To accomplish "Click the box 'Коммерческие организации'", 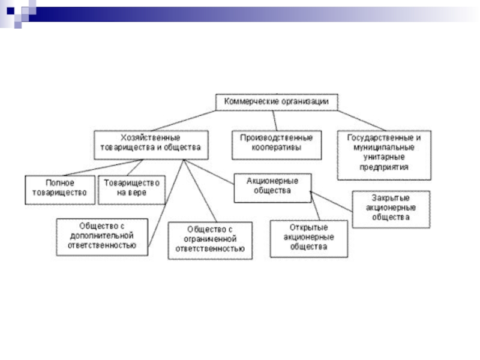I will click(277, 102).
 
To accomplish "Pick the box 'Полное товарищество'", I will click(59, 188).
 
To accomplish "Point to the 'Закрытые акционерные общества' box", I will click(391, 209).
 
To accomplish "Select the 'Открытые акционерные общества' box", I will click(308, 238).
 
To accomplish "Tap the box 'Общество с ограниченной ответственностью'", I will click(209, 240).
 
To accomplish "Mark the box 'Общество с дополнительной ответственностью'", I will click(101, 236).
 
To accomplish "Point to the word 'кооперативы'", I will click(277, 147).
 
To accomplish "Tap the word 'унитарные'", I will click(384, 157).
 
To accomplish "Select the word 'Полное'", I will click(59, 182).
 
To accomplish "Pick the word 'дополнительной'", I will click(101, 236).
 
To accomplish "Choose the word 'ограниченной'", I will click(209, 240).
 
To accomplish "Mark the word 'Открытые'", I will click(308, 229).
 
